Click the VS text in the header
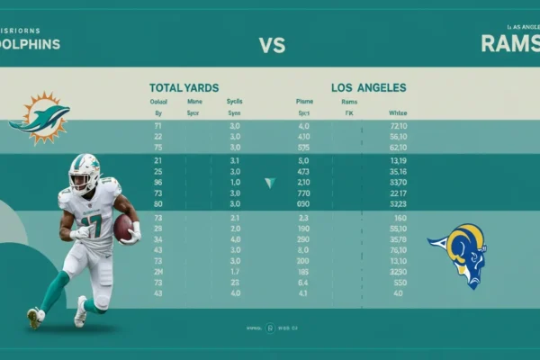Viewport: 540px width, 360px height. tap(272, 43)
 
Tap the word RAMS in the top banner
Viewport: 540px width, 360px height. tap(509, 43)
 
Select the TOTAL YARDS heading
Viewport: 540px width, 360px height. tap(184, 88)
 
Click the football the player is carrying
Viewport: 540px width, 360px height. tap(123, 227)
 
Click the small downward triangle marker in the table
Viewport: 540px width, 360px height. tap(269, 183)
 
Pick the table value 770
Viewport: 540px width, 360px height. tap(303, 193)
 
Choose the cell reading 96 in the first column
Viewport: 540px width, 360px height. tap(157, 182)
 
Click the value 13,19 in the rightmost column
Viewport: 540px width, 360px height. tap(397, 160)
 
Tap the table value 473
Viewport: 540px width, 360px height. tap(303, 171)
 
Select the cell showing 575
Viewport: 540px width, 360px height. tap(303, 148)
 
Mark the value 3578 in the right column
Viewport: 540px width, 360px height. tap(397, 239)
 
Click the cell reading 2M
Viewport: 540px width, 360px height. tap(157, 272)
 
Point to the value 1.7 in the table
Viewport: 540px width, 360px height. tap(235, 272)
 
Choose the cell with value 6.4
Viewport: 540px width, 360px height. tap(303, 283)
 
